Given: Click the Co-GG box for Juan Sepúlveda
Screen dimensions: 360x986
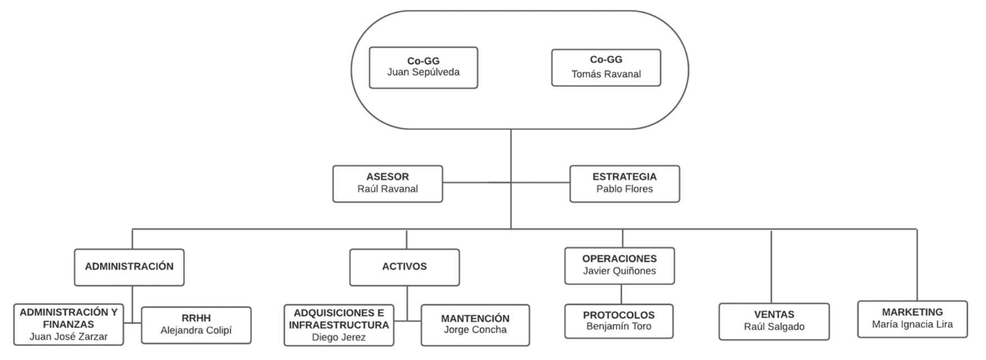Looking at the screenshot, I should tap(423, 67).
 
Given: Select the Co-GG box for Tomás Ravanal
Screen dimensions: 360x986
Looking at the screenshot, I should tap(606, 67).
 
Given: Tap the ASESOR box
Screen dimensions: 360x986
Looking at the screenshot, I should tap(387, 183).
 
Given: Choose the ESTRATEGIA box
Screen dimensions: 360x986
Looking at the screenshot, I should tap(624, 183).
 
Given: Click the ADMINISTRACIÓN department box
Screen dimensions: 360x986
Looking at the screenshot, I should tap(129, 267).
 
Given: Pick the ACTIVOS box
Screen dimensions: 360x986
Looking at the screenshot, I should tap(404, 267).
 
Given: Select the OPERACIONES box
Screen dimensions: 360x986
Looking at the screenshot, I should tap(619, 265).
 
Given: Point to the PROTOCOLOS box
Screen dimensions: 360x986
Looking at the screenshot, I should tap(619, 321).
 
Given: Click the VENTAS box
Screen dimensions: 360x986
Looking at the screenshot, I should tap(774, 321).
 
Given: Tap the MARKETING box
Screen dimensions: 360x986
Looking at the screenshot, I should tap(912, 319).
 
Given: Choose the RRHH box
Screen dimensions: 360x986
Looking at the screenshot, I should tap(196, 325).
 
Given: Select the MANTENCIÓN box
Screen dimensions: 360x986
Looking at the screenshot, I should tap(475, 325).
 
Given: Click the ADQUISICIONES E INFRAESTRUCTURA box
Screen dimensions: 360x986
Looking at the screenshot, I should tap(339, 325).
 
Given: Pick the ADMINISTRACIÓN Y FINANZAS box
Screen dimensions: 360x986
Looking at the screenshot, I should tap(69, 325).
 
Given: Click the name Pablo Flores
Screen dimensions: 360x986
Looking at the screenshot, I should tap(624, 189).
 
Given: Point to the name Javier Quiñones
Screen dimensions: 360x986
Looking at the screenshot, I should tap(619, 271).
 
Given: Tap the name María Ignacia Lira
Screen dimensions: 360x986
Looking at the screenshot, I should tap(912, 325).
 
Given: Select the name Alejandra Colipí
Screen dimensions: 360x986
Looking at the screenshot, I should tap(196, 331).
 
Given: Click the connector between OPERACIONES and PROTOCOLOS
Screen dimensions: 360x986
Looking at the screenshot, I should tap(621, 294).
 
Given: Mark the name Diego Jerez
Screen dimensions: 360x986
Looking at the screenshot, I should tap(339, 337).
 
